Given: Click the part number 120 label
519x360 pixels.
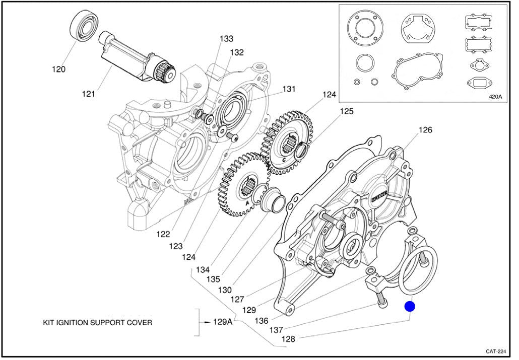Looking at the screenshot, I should coord(58,69).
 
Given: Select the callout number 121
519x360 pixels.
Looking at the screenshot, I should coord(89,93).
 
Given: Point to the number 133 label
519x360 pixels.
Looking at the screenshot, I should coord(226,39).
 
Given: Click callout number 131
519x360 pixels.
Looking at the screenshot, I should coord(288,89).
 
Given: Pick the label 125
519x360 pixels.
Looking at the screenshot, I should coord(346,111).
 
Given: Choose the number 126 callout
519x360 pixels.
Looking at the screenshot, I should coord(425,130).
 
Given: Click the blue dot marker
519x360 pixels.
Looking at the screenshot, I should coord(410,306).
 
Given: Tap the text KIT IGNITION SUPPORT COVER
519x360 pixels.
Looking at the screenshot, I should coord(97,322).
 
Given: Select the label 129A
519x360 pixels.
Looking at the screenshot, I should coord(223,322).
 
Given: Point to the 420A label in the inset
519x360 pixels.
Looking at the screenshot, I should coord(496,97).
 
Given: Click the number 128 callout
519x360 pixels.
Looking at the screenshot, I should coord(288,339).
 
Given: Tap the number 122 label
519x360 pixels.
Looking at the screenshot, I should coord(163,234).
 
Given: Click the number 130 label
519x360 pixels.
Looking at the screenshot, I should coord(225,290).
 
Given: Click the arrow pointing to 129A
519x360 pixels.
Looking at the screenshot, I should coord(205,322).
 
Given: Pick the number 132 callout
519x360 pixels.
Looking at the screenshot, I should coord(237,52).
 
